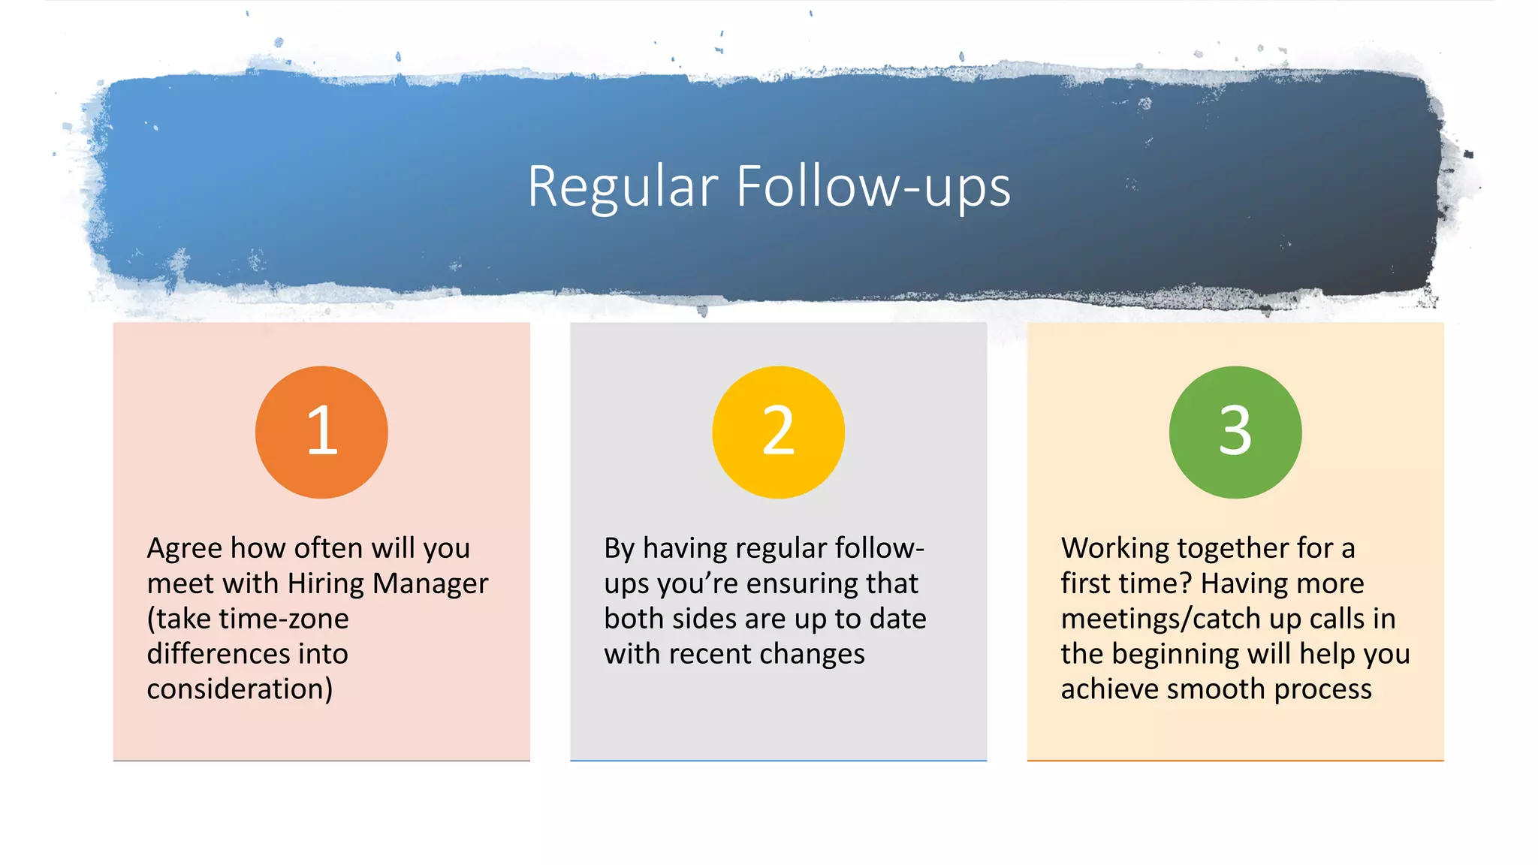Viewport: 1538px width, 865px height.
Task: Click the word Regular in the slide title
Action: pos(623,187)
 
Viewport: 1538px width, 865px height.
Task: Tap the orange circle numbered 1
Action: pos(321,432)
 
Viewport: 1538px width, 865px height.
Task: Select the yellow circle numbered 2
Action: pos(778,432)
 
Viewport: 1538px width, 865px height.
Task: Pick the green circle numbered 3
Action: pos(1235,432)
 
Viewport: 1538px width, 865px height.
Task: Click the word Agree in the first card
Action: pos(184,549)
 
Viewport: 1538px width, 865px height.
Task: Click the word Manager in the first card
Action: pos(430,583)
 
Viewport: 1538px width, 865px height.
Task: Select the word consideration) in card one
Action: pos(240,689)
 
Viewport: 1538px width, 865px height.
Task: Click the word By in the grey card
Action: pos(620,549)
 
